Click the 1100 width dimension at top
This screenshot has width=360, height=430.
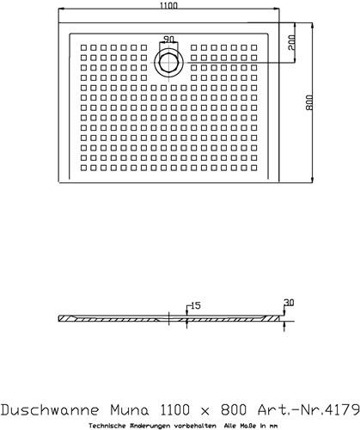click(168, 5)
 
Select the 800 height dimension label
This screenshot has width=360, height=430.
click(308, 102)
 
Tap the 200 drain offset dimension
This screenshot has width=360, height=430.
click(291, 42)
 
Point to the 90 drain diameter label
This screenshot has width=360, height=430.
click(168, 39)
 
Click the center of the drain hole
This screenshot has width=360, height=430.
click(168, 63)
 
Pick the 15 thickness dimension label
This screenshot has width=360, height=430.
click(196, 306)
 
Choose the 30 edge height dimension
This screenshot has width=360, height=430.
click(289, 303)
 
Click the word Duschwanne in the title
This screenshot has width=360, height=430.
click(51, 410)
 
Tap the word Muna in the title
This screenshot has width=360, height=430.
click(130, 410)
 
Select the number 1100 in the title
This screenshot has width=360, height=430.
click(174, 410)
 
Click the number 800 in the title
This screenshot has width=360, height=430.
click(234, 410)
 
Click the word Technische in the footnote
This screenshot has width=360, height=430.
click(106, 426)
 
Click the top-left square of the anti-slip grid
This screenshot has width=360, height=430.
click(83, 47)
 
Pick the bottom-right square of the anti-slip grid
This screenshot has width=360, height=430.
click(254, 168)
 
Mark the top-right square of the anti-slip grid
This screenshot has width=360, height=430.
click(254, 47)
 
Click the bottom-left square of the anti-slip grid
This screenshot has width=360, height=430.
click(83, 168)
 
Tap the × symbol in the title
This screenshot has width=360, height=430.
click(205, 412)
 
